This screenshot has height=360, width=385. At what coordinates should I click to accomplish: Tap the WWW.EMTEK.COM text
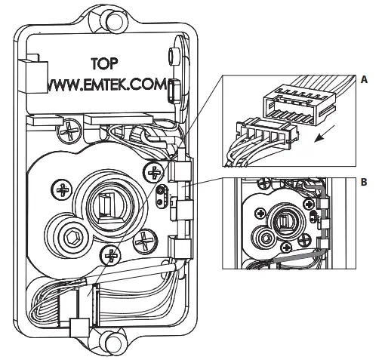[106, 85]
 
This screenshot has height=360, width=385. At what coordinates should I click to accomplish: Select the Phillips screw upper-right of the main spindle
[154, 172]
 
